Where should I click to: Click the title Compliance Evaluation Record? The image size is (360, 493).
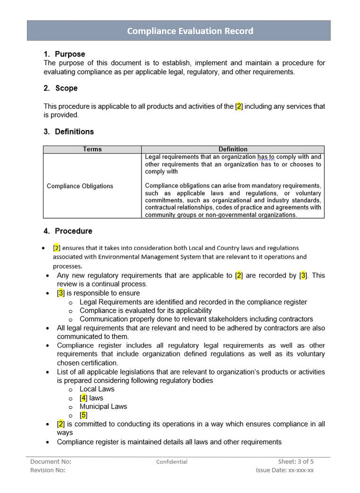click(x=190, y=31)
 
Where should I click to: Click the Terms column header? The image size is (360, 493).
click(x=92, y=149)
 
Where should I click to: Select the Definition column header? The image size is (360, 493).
click(x=233, y=149)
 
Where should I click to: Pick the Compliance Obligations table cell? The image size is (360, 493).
click(x=80, y=186)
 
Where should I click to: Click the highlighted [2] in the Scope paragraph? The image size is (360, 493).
click(x=239, y=106)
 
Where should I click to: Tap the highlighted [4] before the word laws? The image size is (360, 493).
click(x=83, y=398)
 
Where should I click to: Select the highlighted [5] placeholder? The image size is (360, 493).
click(x=83, y=415)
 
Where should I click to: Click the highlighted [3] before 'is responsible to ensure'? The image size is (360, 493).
click(x=61, y=293)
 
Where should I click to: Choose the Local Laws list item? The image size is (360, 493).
click(x=97, y=389)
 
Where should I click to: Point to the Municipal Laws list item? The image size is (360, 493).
click(x=103, y=406)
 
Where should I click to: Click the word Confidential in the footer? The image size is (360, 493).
click(x=171, y=462)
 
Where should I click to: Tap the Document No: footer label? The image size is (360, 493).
click(x=50, y=461)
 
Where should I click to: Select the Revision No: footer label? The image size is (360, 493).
click(x=47, y=470)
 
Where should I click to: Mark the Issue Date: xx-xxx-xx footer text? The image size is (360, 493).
click(x=284, y=470)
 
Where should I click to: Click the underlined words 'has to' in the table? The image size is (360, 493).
click(x=266, y=157)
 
